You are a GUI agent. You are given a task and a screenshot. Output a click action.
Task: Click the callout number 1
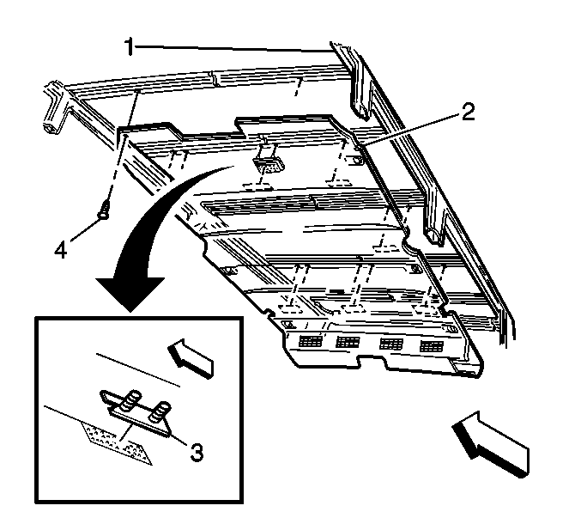pos(129,46)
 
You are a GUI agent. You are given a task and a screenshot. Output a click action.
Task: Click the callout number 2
pos(468,112)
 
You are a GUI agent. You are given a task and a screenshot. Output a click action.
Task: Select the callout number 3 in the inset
pos(197,453)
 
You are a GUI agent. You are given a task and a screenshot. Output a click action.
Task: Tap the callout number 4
pos(61,250)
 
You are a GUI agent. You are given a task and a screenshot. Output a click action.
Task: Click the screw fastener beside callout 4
pos(103,210)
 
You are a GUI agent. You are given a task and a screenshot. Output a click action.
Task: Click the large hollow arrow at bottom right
pos(490,443)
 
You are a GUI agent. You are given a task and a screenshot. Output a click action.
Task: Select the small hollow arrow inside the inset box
pos(191,358)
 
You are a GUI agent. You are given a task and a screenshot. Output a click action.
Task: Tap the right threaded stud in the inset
pos(160,411)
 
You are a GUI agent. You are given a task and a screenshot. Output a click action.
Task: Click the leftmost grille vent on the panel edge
pos(310,341)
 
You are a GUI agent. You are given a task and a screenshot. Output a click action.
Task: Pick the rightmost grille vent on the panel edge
pos(432,346)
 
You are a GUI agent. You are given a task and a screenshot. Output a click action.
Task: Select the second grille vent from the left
pos(348,342)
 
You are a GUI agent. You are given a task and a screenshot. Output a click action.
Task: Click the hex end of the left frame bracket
pos(51,128)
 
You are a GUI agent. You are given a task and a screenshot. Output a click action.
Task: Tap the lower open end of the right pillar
pos(434,237)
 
